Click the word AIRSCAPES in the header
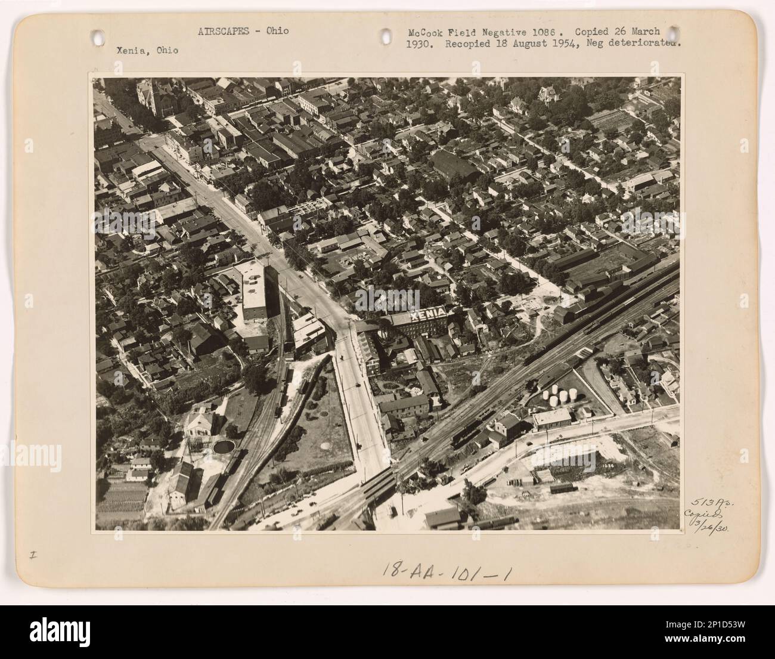click(221, 31)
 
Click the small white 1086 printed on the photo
click(608, 465)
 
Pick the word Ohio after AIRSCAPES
click(278, 31)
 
